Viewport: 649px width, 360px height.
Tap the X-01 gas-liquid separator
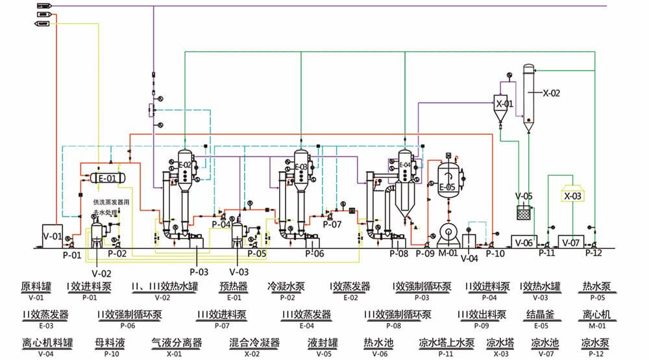click(504, 104)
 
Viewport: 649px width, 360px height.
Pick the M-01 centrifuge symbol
click(448, 235)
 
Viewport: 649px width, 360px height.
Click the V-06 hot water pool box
click(523, 242)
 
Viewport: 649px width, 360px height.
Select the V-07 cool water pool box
click(571, 242)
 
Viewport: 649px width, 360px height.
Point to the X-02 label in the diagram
click(551, 93)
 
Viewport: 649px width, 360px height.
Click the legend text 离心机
click(596, 315)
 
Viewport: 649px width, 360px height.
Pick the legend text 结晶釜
click(539, 315)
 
